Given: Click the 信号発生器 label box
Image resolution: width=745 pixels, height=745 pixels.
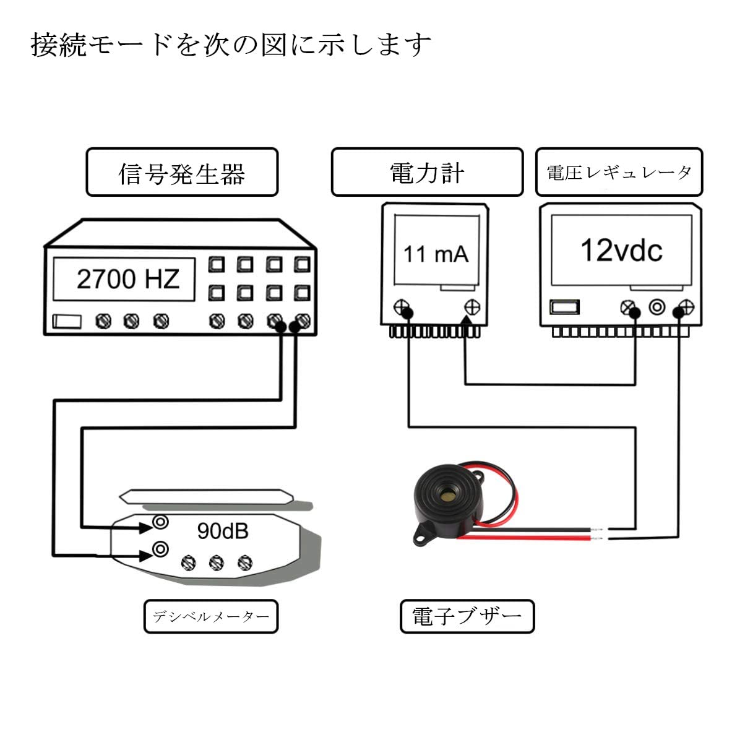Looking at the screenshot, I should [181, 173].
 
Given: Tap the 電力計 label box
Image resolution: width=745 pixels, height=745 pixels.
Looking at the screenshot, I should [427, 173].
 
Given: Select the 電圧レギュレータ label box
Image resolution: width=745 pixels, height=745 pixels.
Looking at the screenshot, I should [619, 173].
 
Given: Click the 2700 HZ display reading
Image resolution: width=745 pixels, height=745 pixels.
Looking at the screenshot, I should [127, 279].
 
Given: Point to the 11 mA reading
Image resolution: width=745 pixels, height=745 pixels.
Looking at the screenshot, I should [436, 254].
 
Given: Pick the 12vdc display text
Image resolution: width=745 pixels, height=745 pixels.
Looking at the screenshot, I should [621, 250].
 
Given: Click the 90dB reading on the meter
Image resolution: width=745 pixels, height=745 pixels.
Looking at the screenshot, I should [222, 530].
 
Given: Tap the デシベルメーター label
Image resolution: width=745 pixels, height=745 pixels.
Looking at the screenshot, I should [211, 616].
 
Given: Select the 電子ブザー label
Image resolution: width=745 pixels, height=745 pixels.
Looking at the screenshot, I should [467, 616].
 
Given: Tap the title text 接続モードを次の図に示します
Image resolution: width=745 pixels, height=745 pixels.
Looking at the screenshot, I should [230, 45].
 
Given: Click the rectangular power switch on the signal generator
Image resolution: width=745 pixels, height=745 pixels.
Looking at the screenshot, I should [66, 321].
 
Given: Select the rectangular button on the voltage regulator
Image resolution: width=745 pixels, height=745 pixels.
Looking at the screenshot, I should [564, 307].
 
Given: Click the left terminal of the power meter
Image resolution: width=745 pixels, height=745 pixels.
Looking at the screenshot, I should [403, 306].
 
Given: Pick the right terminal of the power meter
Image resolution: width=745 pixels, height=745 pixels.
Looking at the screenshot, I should [473, 306].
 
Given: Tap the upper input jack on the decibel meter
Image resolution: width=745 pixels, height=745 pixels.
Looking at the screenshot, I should [161, 522].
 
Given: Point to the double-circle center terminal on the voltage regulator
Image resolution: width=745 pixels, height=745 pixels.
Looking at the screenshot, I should [657, 307].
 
